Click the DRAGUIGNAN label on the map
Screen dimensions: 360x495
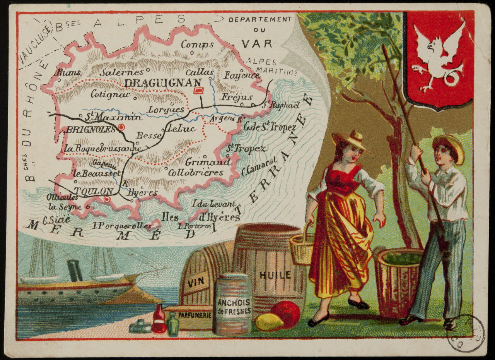[163, 83]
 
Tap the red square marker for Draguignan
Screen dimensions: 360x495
[198, 91]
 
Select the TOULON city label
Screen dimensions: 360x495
[94, 191]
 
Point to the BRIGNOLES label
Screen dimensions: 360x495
[91, 129]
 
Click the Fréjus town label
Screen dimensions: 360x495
[237, 97]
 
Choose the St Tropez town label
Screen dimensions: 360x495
[246, 148]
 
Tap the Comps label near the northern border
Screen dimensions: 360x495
[197, 44]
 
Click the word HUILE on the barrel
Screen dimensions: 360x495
[275, 275]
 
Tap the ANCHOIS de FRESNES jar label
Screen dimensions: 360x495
[234, 306]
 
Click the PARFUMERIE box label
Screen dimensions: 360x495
[189, 315]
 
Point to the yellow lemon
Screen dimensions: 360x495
[269, 322]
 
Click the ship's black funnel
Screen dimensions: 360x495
[75, 270]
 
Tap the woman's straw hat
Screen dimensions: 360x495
[350, 140]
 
